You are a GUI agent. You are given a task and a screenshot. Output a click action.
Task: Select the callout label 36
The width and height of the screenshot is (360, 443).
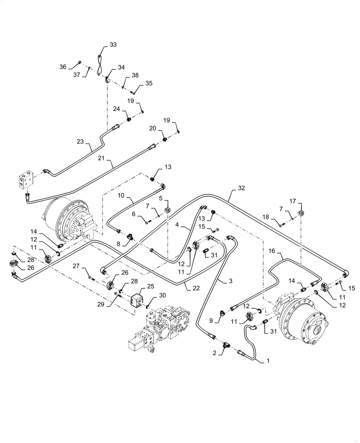pos(63,67)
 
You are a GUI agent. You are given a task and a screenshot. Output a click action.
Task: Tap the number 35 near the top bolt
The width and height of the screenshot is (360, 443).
pos(149,83)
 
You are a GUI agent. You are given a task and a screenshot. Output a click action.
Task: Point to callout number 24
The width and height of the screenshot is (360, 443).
pos(117,108)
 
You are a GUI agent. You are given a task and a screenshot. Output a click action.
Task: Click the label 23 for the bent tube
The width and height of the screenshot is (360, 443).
pos(81,142)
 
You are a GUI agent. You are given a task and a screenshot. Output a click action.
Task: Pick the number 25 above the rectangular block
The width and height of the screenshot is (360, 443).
pos(151,287)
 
